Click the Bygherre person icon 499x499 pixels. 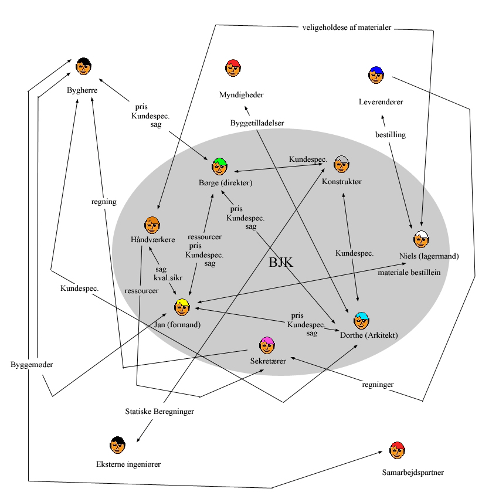coord(84,66)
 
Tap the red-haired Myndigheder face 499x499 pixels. coord(233,67)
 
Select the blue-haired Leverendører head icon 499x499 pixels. coord(376,74)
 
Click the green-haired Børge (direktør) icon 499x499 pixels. coord(219,166)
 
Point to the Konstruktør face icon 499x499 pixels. coord(341,164)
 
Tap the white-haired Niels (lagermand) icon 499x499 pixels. coord(421,239)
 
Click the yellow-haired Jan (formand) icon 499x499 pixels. coord(182,307)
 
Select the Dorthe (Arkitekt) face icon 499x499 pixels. coord(361,320)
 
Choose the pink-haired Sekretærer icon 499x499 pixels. coord(267,345)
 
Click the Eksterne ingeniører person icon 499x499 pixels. coord(117,445)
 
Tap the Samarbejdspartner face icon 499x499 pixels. coord(397,450)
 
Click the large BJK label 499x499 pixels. coord(280,262)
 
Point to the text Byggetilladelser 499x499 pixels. coord(257,123)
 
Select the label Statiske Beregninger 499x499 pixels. coord(159,411)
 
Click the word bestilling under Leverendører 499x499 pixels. coord(391,135)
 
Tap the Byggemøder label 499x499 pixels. coord(32,365)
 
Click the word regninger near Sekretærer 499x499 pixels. coord(377,385)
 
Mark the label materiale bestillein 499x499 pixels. coord(409,272)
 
